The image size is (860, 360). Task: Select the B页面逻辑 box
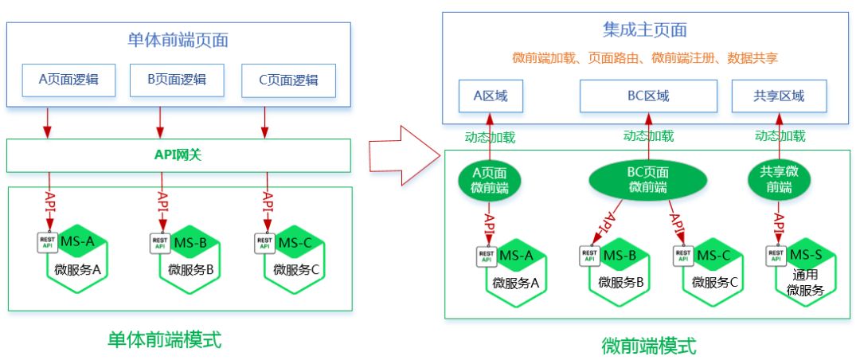pos(177,79)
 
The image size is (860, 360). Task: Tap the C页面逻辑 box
pos(288,79)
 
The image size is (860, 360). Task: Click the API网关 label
pos(178,155)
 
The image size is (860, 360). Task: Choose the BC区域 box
pos(643,96)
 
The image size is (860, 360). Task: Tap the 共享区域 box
pos(779,96)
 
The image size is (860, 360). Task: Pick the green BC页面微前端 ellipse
pos(648,180)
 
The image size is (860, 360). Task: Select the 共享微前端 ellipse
pos(779,180)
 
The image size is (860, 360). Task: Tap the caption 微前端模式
pos(648,346)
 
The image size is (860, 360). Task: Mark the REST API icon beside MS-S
pos(776,255)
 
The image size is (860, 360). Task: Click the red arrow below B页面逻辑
pos(161,123)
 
